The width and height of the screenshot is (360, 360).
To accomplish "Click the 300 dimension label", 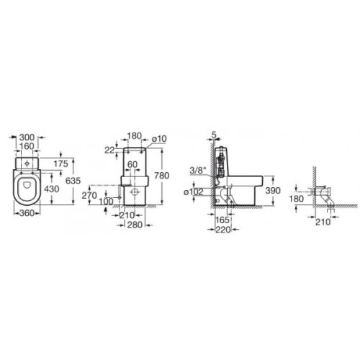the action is [27, 138].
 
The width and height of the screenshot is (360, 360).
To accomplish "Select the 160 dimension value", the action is [27, 146].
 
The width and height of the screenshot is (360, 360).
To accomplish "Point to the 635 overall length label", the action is [73, 181].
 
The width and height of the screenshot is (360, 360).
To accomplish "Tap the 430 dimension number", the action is [52, 189].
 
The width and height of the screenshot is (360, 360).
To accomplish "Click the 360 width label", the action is [27, 213].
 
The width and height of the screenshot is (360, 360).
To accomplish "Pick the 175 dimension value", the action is [60, 163].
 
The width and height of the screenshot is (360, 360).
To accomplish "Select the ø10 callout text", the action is [159, 139].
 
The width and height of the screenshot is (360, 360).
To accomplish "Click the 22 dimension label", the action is [109, 150].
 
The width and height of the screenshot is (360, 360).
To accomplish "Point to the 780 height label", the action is [162, 176].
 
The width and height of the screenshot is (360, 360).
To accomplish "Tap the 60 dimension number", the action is [132, 164].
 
